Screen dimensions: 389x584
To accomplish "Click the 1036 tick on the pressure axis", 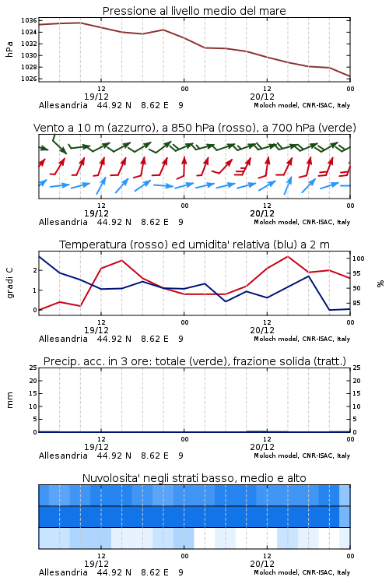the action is [x=29, y=20].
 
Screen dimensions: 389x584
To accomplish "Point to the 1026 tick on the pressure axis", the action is [x=29, y=79].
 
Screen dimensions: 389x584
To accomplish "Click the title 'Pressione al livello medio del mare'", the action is [x=194, y=11].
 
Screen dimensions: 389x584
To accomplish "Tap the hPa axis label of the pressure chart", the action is [x=9, y=49].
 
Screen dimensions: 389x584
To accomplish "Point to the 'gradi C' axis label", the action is [x=10, y=283].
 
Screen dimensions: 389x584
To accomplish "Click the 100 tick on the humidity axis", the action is [x=359, y=259].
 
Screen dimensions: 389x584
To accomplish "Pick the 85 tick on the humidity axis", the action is [x=356, y=303].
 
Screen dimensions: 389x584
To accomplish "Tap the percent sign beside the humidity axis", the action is [x=380, y=283].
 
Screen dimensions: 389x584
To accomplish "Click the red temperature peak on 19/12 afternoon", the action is [x=122, y=260].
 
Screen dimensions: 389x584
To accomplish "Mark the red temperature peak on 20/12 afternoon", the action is [x=288, y=256].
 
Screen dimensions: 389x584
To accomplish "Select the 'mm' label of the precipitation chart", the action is [x=10, y=400].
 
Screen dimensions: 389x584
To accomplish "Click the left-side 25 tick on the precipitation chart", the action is [x=33, y=368].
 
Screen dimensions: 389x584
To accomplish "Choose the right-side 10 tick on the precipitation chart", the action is [x=356, y=406].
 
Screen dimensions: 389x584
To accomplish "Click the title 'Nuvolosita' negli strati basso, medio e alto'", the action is [x=194, y=478].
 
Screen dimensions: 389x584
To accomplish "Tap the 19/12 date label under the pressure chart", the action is [x=96, y=97].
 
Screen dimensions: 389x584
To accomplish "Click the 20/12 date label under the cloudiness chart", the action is [x=262, y=564].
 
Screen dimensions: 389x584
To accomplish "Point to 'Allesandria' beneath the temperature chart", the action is [x=63, y=339].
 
